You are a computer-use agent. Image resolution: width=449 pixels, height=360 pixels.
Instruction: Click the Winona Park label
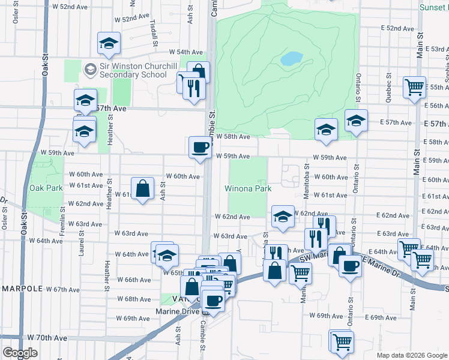click(x=248, y=188)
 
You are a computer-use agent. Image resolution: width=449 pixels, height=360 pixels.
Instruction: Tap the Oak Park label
click(x=46, y=188)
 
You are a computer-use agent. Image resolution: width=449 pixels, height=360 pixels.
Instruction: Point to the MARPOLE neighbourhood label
click(x=22, y=289)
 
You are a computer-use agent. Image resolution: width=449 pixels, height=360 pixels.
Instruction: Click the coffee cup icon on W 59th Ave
click(x=200, y=146)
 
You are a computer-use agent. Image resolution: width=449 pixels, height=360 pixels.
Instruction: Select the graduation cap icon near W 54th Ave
click(x=109, y=43)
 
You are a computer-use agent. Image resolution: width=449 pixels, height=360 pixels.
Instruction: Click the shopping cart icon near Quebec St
click(x=414, y=86)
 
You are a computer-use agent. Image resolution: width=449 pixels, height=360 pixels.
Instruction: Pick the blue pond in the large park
click(x=292, y=58)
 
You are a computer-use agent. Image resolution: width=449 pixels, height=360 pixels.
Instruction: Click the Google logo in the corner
click(x=20, y=353)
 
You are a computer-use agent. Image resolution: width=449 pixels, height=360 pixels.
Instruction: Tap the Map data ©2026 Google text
click(x=412, y=355)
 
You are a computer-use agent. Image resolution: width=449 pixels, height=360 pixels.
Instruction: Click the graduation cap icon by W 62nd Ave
click(x=283, y=216)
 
